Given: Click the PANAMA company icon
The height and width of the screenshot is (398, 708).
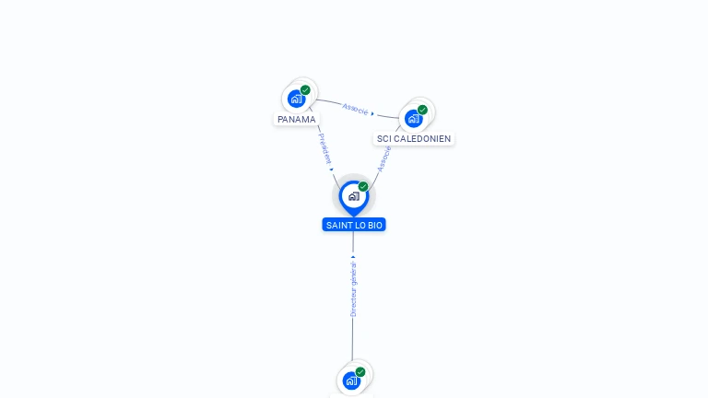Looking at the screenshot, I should (296, 98).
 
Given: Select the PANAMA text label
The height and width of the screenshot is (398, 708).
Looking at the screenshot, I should (297, 119).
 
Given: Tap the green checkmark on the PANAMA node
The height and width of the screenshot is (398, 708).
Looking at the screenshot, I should (305, 90).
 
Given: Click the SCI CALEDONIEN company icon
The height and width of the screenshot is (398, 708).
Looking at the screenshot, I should (413, 118).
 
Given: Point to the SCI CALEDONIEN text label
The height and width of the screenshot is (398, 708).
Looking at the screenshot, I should (414, 138).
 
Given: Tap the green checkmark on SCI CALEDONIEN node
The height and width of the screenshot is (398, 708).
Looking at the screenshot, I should (422, 110).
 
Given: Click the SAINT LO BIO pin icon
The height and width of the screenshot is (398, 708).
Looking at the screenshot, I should (353, 195).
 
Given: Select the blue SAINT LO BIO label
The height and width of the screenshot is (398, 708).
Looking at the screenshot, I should (354, 225).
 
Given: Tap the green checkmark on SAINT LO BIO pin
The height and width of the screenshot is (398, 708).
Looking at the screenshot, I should (363, 187).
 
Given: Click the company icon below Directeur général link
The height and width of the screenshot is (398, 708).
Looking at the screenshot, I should (350, 380).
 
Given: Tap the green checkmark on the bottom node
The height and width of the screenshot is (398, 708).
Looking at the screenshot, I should (360, 372).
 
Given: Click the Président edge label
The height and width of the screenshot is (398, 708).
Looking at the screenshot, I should (324, 147).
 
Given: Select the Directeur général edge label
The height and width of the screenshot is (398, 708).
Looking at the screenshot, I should (353, 288).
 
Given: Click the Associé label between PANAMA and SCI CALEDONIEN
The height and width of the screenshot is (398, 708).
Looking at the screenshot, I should (355, 109).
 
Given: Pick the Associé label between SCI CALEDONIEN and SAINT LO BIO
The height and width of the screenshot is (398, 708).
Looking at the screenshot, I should (384, 158).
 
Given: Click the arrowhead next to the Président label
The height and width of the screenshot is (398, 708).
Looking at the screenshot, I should (331, 169).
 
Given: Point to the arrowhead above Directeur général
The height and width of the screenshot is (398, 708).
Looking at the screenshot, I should (353, 256).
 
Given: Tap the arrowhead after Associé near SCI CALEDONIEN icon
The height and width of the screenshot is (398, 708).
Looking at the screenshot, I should (372, 113).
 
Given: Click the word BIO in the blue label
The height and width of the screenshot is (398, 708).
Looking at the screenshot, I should (375, 225).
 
